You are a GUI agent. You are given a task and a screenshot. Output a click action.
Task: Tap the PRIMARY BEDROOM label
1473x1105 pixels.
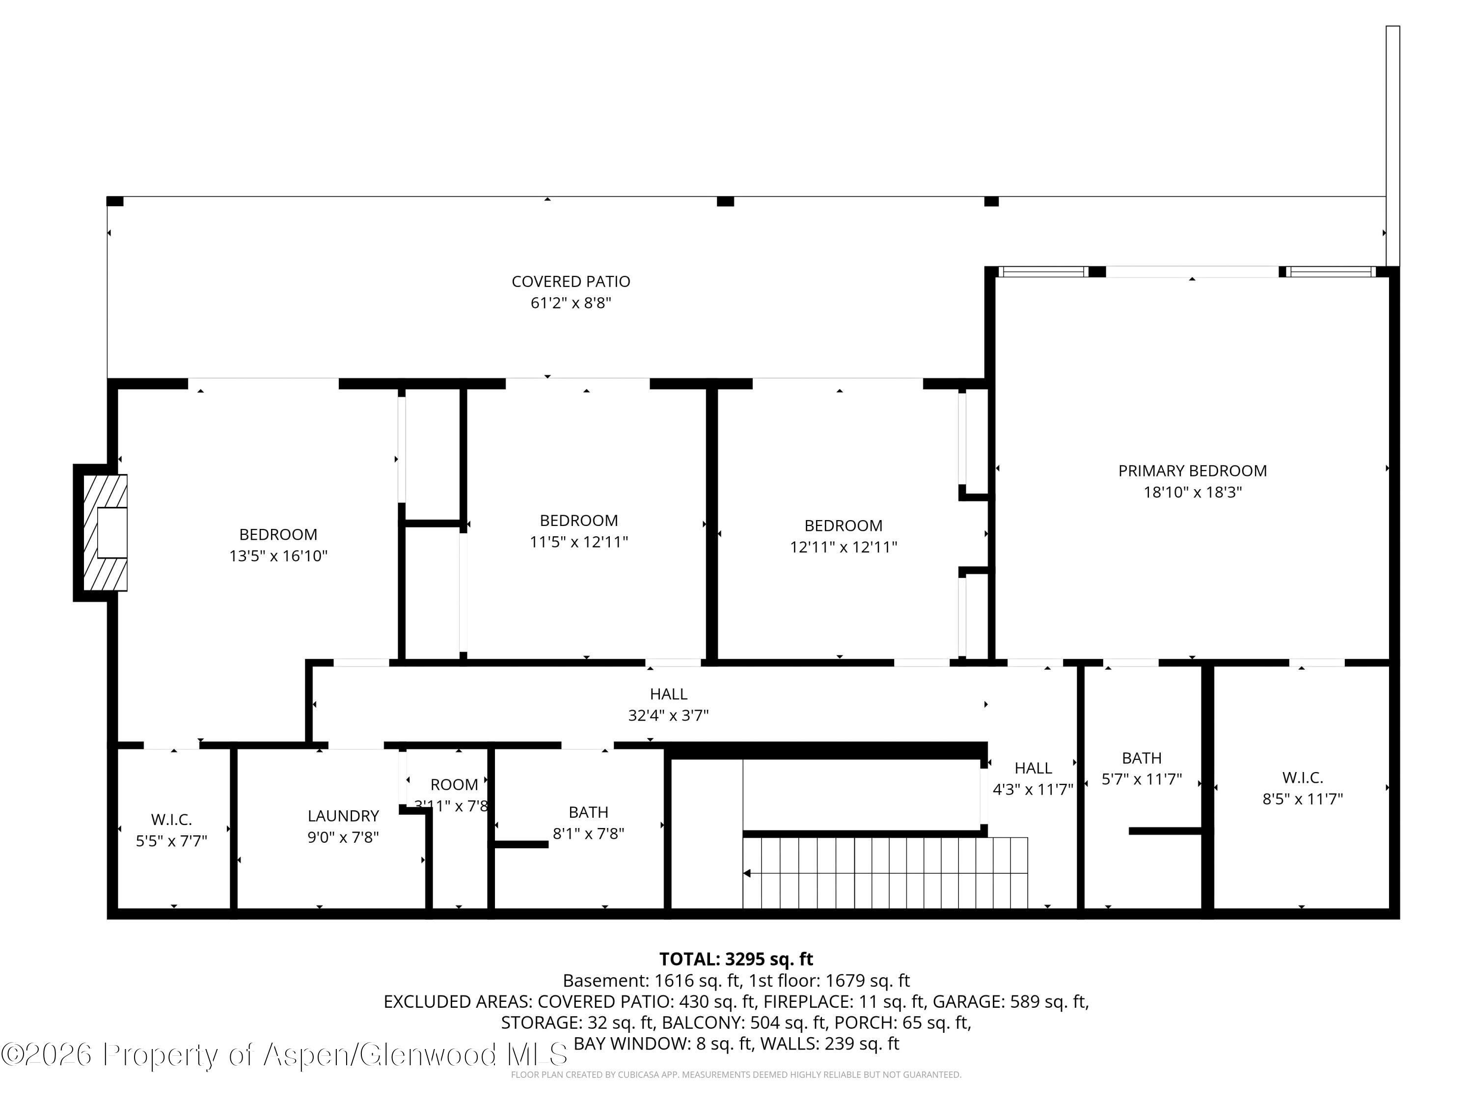(x=1192, y=471)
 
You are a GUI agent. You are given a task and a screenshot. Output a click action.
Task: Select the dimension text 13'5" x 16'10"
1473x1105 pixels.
(x=278, y=556)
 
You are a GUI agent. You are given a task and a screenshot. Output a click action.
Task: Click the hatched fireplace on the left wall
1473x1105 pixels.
(x=105, y=532)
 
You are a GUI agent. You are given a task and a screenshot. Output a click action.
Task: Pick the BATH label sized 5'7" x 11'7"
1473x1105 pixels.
(x=1142, y=758)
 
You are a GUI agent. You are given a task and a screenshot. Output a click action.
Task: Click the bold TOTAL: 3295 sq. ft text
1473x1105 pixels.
(x=736, y=959)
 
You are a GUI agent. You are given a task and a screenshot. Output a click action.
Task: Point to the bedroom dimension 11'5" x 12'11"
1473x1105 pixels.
(x=579, y=542)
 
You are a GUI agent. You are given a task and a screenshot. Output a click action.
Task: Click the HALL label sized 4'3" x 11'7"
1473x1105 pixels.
(x=1033, y=768)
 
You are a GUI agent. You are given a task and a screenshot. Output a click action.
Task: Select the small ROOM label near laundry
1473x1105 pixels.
(x=454, y=785)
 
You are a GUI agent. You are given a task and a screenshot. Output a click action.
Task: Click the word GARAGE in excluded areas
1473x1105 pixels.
(x=968, y=1002)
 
